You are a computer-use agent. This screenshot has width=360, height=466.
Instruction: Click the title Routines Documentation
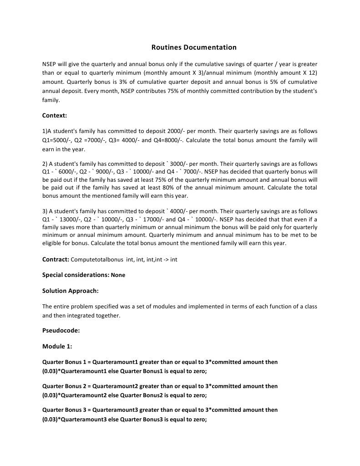pos(194,47)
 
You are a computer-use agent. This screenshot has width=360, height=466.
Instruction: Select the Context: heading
pos(55,116)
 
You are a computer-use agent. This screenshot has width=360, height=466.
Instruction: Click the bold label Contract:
pos(56,259)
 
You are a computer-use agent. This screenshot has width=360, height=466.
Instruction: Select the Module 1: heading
pos(57,346)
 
